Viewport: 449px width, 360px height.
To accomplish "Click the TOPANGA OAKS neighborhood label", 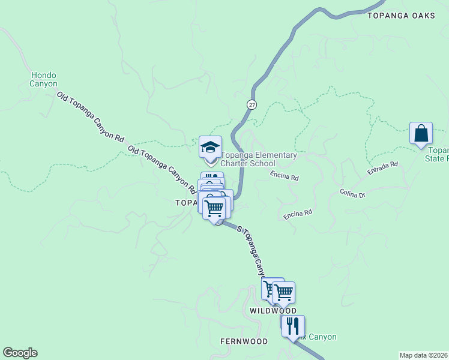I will (401, 16).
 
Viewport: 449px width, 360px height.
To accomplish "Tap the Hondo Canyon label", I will (44, 80).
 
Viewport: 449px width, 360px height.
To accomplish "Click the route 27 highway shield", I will (251, 104).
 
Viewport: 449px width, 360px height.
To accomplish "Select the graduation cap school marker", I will (211, 148).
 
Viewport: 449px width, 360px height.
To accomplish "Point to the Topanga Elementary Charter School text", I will (259, 159).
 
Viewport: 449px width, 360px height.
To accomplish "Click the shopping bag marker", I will (421, 133).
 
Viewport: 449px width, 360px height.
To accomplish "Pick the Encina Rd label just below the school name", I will (284, 176).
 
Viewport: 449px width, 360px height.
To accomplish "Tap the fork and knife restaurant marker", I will (293, 326).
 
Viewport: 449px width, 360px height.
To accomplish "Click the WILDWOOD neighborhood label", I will (273, 311).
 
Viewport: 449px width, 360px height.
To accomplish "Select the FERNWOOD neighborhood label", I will (243, 341).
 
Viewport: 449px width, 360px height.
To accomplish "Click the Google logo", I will (20, 353).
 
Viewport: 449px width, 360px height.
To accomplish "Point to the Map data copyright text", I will (424, 355).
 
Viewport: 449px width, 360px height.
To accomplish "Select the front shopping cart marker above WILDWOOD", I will (283, 292).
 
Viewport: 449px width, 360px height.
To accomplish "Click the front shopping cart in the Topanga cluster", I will (214, 208).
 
